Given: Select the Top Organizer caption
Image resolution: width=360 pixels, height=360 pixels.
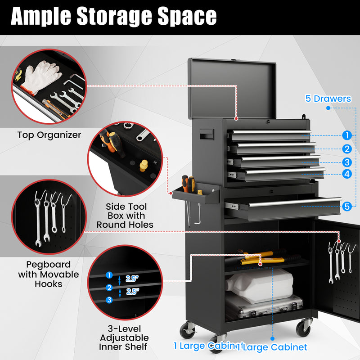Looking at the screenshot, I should click(x=49, y=135).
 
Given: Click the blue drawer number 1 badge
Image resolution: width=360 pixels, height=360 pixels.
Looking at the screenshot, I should click(x=346, y=135).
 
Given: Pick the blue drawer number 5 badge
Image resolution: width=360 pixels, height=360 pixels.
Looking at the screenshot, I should click(x=346, y=207).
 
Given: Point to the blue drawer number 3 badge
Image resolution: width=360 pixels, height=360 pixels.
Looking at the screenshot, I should click(x=346, y=162).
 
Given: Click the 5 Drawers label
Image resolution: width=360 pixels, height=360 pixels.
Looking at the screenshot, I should click(x=328, y=99).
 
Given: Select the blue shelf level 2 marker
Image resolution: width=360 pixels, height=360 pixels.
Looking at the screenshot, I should click(x=109, y=288).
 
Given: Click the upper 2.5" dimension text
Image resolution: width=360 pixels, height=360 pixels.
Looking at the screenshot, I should click(x=132, y=279).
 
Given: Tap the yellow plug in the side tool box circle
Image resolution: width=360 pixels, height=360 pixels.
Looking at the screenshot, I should click(x=144, y=165).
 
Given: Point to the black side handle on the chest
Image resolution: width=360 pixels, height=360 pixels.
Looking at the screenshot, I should click(x=207, y=134).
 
